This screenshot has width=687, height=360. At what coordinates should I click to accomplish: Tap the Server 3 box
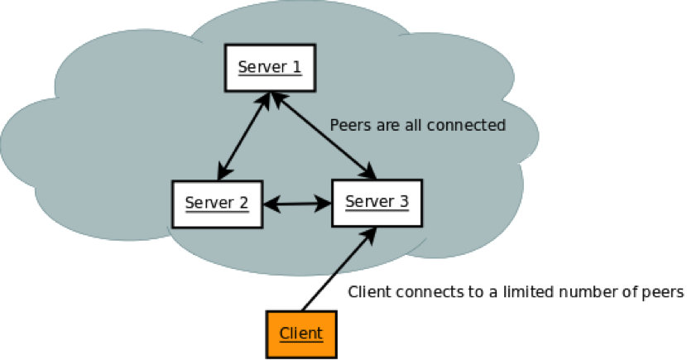click(377, 203)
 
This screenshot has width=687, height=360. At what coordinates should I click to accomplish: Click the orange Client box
click(300, 334)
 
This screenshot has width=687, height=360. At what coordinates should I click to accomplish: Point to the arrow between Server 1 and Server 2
click(243, 136)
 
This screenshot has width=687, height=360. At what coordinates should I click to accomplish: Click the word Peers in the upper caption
click(348, 126)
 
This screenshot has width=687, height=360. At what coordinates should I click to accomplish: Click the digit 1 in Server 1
click(295, 66)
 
